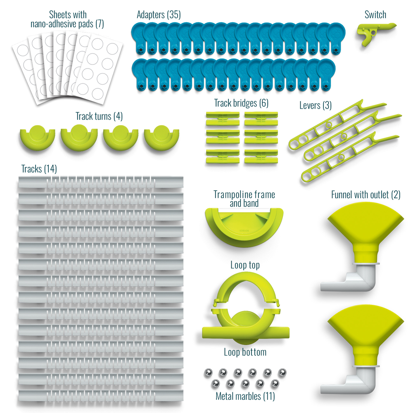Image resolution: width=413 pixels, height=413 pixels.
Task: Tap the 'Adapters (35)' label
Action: pos(159,15)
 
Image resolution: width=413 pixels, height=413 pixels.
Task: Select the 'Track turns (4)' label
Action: pos(99,116)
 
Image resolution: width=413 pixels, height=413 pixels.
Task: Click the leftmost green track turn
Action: pos(38,138)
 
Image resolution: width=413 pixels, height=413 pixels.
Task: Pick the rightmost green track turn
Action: pos(161,138)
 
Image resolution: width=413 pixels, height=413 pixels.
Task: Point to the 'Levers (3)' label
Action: pos(315,105)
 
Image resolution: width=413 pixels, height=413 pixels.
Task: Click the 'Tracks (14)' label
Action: pos(39,169)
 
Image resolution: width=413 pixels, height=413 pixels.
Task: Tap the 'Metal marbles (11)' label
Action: pos(245,396)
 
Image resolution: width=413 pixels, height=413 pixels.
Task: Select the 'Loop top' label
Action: pos(245,265)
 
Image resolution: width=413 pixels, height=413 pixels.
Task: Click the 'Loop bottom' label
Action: pos(245,352)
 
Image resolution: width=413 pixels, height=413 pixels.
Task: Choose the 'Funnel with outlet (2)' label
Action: pos(366,195)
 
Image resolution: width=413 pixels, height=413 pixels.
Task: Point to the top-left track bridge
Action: pos(223,119)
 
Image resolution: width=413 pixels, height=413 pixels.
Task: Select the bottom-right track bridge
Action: pos(261,157)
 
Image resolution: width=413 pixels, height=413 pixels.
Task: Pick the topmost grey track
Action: pos(101,182)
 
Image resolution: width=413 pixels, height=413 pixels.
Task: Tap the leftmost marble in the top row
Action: pos(208,373)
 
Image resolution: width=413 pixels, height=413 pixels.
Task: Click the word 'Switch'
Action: pos(375,15)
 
